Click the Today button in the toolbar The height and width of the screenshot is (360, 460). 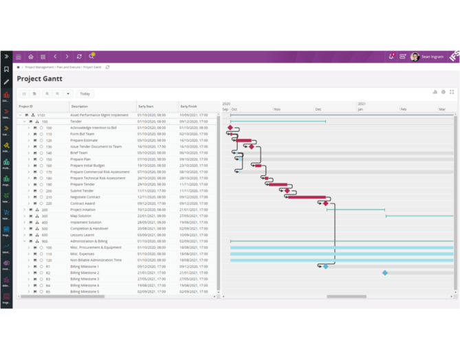click(85, 93)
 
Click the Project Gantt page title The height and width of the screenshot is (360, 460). click(40, 79)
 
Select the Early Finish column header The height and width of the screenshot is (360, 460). click(188, 106)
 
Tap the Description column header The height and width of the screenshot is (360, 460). click(79, 106)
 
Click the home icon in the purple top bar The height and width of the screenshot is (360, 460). click(30, 57)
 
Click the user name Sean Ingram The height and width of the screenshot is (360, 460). click(432, 57)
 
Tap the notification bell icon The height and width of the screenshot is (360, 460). click(391, 57)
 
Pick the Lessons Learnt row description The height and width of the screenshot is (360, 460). click(83, 235)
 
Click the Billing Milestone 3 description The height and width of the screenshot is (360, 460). click(85, 279)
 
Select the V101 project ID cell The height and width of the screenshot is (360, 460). click(41, 115)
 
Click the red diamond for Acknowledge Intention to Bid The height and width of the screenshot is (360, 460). click(230, 128)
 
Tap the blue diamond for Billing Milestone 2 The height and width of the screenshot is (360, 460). click(385, 273)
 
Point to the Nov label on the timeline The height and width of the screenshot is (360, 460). click(277, 110)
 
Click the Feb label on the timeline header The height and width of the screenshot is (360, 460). click(404, 110)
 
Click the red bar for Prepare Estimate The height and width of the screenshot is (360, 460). click(243, 140)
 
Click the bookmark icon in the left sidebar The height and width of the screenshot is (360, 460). click(6, 69)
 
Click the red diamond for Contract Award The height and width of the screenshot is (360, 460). click(326, 203)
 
